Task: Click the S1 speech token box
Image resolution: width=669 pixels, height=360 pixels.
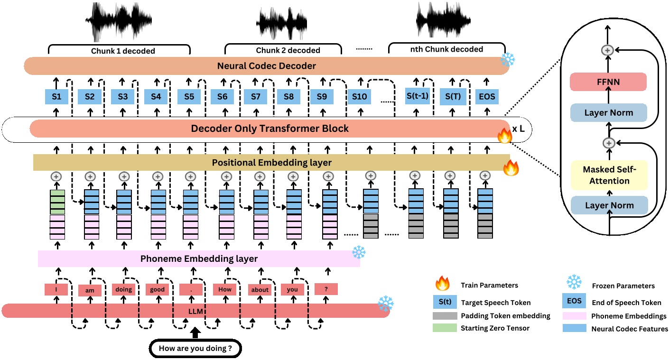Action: tap(56, 97)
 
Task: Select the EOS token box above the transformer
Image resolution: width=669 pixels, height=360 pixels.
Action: tap(487, 97)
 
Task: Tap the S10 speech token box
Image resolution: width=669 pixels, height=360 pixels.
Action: tap(359, 97)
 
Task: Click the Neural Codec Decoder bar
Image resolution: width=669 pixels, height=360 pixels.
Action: tap(266, 66)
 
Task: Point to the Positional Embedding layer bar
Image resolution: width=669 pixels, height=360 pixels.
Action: tap(271, 162)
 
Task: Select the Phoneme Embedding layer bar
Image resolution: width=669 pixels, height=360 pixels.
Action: tap(199, 258)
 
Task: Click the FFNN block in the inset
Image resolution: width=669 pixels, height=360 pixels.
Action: tap(608, 82)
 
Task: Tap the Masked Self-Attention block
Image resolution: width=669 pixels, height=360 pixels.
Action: tap(608, 175)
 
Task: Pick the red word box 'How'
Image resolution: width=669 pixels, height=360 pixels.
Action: tap(225, 289)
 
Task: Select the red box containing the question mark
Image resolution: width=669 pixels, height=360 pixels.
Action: tap(326, 289)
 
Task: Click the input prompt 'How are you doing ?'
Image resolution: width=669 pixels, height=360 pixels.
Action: tap(195, 349)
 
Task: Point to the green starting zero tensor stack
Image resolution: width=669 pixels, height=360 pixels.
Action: tap(56, 202)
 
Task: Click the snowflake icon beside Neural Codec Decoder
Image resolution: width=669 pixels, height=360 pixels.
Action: tap(508, 59)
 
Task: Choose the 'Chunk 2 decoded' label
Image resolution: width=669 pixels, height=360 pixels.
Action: tap(288, 50)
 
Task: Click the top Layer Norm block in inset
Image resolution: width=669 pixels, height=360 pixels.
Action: tap(608, 113)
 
